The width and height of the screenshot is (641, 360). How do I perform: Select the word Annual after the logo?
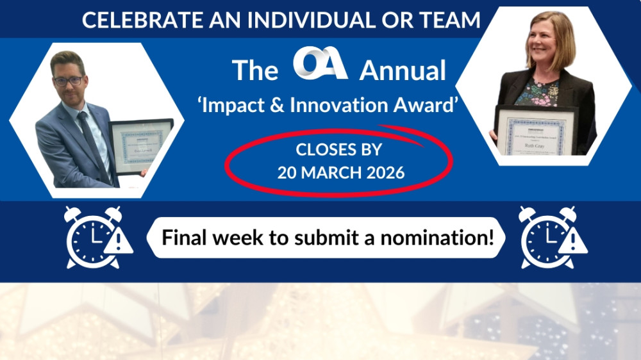(x=402, y=71)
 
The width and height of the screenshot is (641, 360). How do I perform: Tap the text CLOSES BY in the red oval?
(x=338, y=150)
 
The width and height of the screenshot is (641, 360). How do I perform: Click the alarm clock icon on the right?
(x=547, y=237)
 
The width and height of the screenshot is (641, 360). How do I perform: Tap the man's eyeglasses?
(x=68, y=81)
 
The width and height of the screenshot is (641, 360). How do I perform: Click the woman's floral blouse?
(x=537, y=93)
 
